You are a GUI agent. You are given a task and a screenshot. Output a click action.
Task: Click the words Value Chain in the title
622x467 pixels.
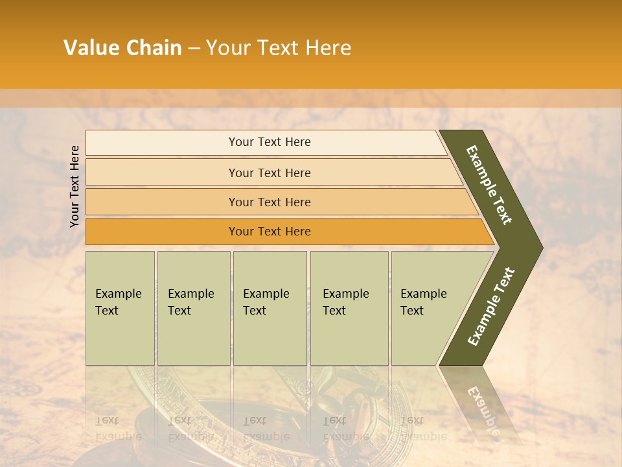click(122, 48)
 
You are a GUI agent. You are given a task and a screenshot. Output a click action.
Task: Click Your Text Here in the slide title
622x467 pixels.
click(279, 48)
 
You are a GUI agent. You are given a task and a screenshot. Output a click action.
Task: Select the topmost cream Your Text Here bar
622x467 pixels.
click(269, 142)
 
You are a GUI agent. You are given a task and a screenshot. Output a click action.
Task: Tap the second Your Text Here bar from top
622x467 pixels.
click(269, 173)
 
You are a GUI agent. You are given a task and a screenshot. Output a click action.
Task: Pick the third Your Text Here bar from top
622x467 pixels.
click(269, 202)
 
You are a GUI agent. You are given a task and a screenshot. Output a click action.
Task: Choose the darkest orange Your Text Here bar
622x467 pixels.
click(269, 232)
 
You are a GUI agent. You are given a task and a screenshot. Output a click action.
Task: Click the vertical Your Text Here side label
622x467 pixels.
click(75, 186)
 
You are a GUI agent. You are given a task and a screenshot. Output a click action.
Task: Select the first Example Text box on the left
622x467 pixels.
click(120, 307)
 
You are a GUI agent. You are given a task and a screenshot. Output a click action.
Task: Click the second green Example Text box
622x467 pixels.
click(193, 307)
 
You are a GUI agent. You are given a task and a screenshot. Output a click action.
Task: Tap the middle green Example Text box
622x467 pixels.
click(270, 307)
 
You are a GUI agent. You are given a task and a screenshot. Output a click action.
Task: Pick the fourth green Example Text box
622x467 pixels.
click(349, 307)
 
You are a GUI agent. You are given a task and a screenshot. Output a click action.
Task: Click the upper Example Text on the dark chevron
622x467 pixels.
click(489, 186)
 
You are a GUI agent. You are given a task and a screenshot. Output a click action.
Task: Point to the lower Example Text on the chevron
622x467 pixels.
click(491, 307)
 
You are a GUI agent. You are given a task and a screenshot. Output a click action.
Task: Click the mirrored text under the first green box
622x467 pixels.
click(117, 428)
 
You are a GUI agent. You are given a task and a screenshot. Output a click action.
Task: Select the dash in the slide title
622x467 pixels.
click(194, 48)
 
